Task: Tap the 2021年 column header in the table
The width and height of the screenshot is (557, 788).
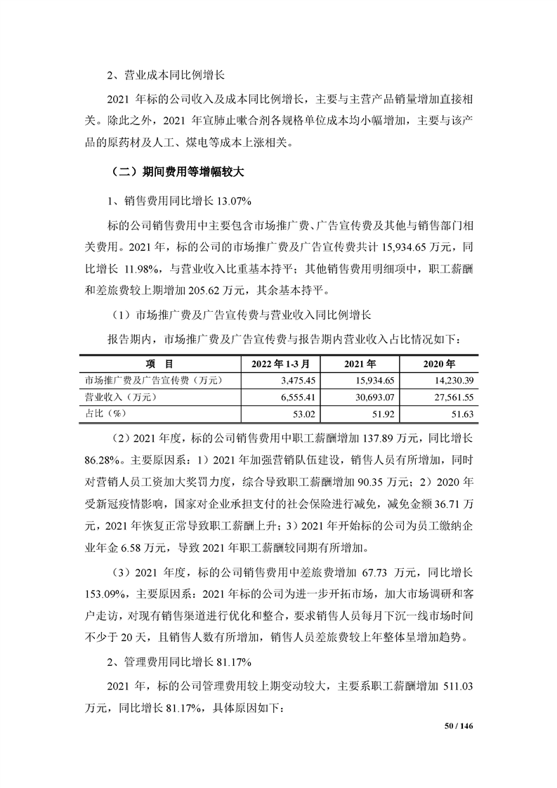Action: (361, 365)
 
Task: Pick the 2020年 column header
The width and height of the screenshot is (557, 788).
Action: (440, 365)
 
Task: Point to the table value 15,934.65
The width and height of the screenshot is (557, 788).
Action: (379, 381)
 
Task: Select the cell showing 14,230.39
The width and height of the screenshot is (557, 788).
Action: (456, 381)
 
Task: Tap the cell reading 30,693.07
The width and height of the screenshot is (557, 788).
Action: (379, 398)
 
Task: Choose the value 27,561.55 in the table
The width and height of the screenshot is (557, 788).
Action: (456, 398)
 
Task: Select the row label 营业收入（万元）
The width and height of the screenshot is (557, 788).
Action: (120, 398)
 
